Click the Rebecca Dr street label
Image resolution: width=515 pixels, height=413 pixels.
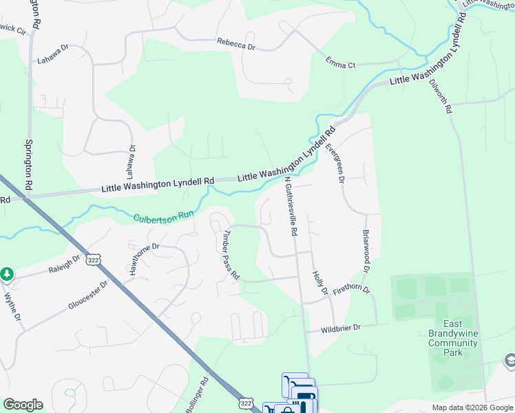236,43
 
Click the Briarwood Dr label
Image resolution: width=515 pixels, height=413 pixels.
366,251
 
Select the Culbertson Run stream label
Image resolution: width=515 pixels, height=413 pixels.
164,215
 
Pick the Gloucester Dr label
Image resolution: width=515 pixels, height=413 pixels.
88,295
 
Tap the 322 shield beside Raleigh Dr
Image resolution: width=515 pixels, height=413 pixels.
94,260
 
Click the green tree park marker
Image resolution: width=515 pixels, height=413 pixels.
7,274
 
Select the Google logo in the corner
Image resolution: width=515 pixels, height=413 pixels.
23,405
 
